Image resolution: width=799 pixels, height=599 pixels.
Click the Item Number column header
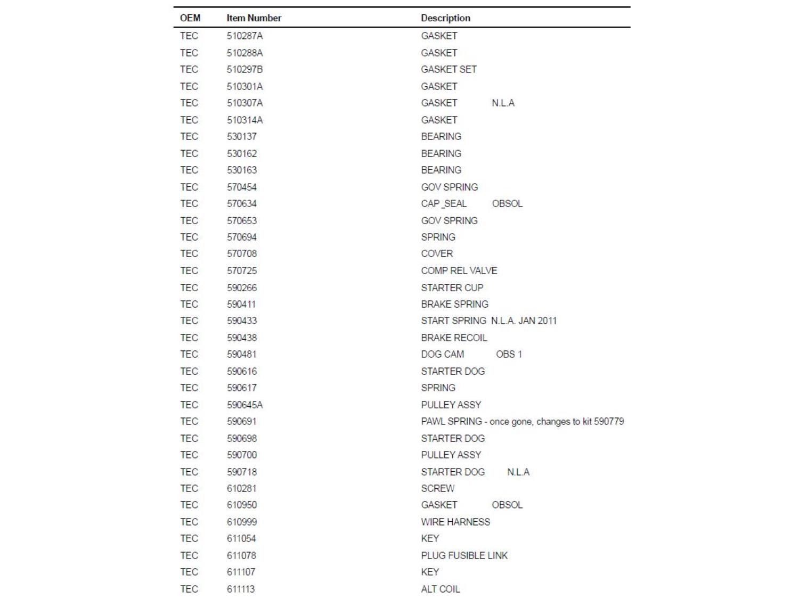point(254,18)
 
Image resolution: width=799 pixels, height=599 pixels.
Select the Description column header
point(445,18)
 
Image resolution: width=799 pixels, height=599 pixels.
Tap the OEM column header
point(190,18)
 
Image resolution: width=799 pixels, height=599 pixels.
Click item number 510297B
point(244,70)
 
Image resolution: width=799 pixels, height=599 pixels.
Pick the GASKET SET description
point(449,70)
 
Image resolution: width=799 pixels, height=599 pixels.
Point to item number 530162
point(241,153)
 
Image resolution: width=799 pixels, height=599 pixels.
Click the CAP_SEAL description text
point(444,204)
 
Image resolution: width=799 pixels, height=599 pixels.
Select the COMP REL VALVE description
point(459,270)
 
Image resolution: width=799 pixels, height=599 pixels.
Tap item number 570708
point(241,254)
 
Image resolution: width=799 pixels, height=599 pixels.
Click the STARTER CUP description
point(452,288)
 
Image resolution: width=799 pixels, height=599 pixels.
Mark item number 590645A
point(244,405)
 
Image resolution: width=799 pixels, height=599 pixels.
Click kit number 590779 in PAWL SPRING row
point(608,422)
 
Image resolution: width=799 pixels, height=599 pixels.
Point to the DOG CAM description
point(442,355)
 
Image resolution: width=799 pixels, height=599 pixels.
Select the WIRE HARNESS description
point(455,522)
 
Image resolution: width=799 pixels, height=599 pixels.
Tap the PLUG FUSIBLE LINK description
point(464,555)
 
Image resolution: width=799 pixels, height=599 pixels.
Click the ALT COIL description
point(440,589)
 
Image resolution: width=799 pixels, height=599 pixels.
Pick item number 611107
point(241,572)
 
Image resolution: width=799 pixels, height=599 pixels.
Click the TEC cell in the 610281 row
point(189,488)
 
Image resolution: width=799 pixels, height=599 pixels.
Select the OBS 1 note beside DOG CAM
point(509,355)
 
